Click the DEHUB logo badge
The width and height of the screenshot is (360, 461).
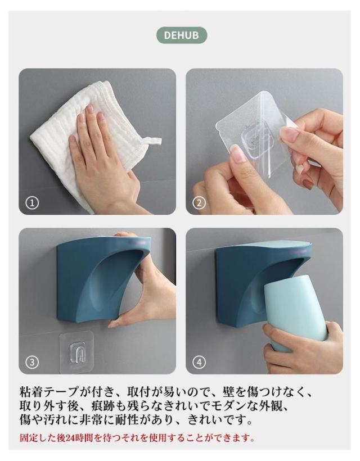[x=182, y=35]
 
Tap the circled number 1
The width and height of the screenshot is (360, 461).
[x=32, y=202]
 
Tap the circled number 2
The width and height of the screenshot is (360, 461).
[x=199, y=202]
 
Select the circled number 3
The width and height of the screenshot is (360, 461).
[x=32, y=362]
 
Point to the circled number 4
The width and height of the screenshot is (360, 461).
[x=199, y=362]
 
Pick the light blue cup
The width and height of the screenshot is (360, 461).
[x=294, y=315]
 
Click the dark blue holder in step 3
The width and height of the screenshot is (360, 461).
[x=97, y=279]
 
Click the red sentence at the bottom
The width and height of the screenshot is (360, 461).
[x=137, y=438]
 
